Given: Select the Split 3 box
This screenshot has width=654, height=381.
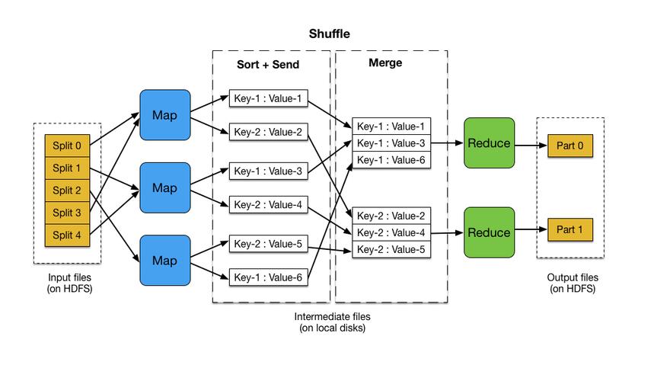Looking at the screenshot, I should tap(68, 213).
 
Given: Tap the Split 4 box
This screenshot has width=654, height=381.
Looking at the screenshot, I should tap(68, 235).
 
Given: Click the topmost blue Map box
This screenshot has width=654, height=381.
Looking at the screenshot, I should tap(164, 115).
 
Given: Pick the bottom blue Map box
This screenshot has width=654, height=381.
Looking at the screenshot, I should tap(164, 261).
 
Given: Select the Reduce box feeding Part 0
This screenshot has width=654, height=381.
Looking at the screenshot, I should tap(489, 143).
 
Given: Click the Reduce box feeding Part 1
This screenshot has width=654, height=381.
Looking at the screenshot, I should tap(489, 232).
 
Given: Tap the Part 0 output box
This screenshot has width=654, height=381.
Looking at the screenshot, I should tap(569, 144).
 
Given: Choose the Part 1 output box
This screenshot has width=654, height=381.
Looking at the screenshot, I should tap(569, 229).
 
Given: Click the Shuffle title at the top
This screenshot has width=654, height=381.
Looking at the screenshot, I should tap(330, 34).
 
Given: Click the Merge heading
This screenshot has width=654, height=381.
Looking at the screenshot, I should tap(385, 64).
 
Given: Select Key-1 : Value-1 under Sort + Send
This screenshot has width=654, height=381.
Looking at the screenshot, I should tap(269, 98).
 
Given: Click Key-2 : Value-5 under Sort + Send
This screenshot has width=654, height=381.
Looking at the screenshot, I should tap(269, 244).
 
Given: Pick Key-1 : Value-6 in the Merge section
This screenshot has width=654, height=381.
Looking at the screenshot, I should tap(391, 159).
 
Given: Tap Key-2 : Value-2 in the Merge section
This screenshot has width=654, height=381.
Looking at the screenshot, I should tap(391, 216).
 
